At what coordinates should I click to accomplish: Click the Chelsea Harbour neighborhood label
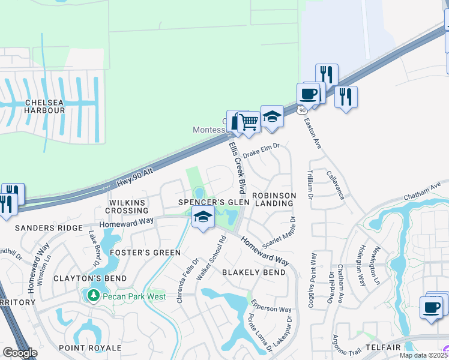point(44,106)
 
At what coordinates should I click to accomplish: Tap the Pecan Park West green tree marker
point(93,295)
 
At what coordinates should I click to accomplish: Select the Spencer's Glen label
point(213,203)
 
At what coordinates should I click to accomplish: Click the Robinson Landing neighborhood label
point(274,199)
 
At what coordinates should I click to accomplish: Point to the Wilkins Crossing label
point(127,206)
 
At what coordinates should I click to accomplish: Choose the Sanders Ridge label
point(49,228)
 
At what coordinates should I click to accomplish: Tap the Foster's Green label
point(145,253)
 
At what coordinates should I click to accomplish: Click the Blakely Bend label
point(254,272)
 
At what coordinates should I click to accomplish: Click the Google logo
point(20,353)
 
